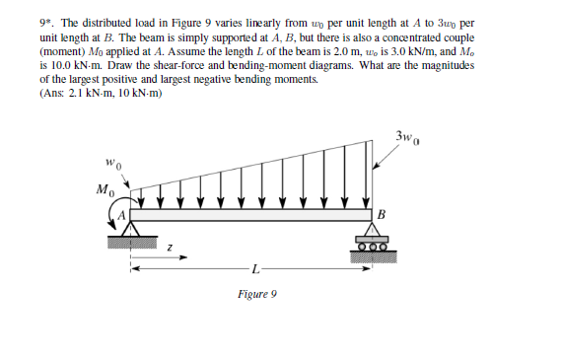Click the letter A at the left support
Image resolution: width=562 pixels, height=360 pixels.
click(x=123, y=210)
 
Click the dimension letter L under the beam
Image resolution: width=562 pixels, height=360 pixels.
click(x=255, y=267)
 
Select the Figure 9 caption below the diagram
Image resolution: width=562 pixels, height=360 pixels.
click(x=257, y=294)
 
